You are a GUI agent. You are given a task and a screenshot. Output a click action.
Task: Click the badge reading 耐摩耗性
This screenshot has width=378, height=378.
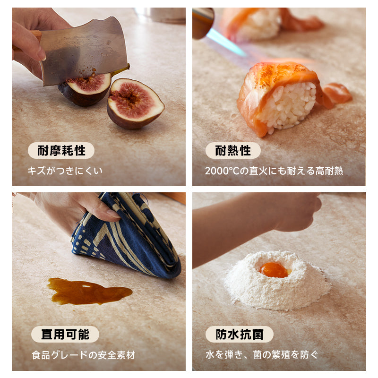pos(61,150)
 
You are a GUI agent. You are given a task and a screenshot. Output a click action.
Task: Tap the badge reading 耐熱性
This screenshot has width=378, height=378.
pos(233,150)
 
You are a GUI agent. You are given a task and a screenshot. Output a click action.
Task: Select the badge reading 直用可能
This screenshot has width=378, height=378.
pos(65,334)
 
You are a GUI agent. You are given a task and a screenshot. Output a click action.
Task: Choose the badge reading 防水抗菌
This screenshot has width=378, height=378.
pos(240,334)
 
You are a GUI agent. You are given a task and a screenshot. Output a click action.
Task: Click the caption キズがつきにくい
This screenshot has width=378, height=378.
pos(65,171)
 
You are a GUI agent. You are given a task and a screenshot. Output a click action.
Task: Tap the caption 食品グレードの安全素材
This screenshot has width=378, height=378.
pos(83,355)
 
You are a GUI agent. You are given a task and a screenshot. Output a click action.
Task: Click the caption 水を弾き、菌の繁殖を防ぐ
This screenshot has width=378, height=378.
pos(262,355)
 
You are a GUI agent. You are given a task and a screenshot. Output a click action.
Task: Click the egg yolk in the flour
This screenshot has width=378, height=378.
pos(274,270)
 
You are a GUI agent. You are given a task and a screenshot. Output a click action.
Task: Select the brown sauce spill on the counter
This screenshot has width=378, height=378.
pos(89,291)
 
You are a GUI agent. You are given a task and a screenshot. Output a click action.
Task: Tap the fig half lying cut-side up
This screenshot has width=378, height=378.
pos(136,103)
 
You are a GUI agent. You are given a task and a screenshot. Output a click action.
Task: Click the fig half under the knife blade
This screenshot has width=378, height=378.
pos(85,89)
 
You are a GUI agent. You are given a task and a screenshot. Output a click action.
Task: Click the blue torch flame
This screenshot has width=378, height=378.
pos(225,43)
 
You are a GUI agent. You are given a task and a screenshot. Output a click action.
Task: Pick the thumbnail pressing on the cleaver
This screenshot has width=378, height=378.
pos(42,55)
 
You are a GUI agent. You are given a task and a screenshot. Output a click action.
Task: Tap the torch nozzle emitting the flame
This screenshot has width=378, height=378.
pos(203,23)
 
